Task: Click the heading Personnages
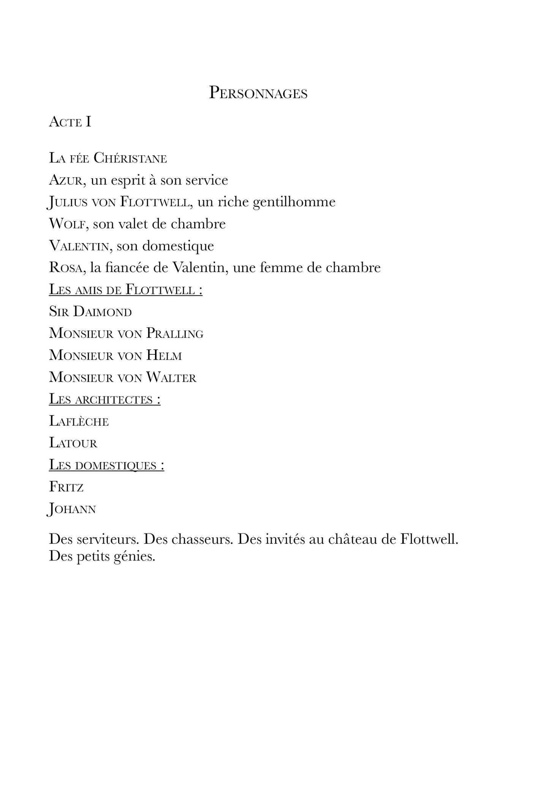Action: [x=258, y=93]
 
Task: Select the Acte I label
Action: [x=70, y=122]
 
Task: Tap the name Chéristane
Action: [x=130, y=158]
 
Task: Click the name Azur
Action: [x=65, y=180]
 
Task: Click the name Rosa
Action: [x=65, y=268]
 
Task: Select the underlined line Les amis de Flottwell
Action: [x=125, y=290]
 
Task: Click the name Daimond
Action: [x=102, y=312]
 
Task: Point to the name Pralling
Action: [x=175, y=333]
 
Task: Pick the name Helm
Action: [x=164, y=355]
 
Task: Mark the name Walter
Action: [x=171, y=378]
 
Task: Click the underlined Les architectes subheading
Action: [x=104, y=400]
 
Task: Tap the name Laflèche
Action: [x=79, y=421]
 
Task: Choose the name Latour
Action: [x=73, y=443]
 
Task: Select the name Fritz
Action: [x=66, y=487]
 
